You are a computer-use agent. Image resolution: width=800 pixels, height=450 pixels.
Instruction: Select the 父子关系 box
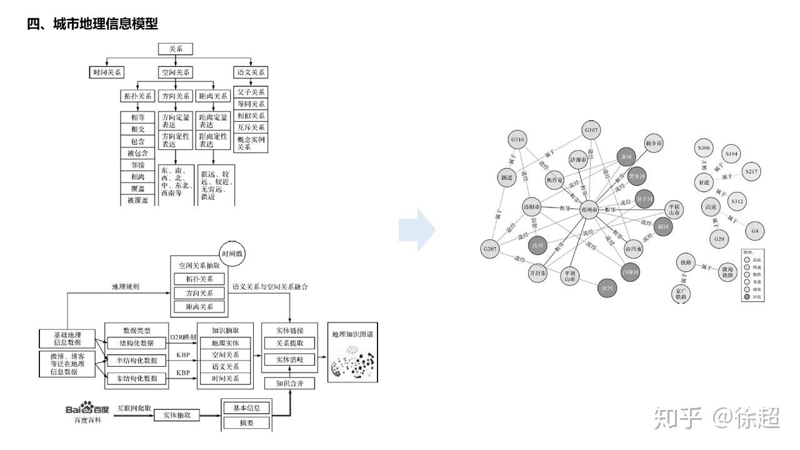click(x=251, y=92)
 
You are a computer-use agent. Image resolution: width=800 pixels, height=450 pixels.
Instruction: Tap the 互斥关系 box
click(x=251, y=127)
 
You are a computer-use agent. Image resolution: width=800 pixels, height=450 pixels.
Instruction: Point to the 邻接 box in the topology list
click(x=137, y=165)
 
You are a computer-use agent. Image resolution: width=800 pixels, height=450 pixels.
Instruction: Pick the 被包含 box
click(x=137, y=153)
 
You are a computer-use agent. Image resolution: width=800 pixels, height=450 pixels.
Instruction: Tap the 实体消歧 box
click(x=289, y=359)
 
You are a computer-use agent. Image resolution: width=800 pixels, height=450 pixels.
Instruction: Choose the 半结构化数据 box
click(x=136, y=360)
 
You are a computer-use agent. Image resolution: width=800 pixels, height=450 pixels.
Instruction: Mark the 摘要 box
click(x=247, y=423)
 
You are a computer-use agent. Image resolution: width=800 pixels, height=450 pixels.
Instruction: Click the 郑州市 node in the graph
click(x=589, y=210)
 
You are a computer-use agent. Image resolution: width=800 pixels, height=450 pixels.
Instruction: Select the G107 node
click(x=591, y=131)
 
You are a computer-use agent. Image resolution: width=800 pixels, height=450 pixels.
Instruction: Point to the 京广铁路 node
click(x=681, y=294)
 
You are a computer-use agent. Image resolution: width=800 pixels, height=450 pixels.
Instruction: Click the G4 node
click(x=755, y=231)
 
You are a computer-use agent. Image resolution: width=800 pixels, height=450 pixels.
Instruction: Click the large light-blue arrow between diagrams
click(x=417, y=230)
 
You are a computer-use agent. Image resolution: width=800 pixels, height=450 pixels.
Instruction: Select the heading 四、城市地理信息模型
click(x=92, y=24)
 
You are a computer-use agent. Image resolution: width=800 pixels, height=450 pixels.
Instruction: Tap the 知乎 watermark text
click(x=678, y=417)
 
